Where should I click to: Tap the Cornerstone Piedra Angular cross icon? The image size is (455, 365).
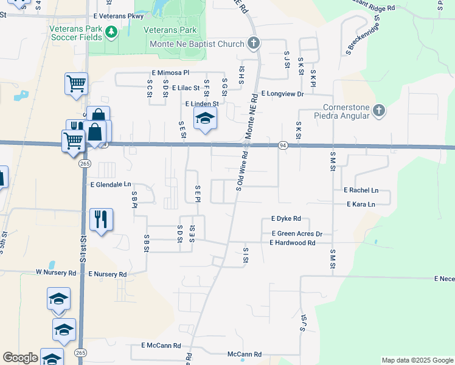pyautogui.click(x=379, y=110)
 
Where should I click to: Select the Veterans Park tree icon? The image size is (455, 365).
pyautogui.click(x=111, y=32)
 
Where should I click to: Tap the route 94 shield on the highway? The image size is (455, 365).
pyautogui.click(x=283, y=145)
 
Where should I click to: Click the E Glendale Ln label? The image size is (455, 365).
pyautogui.click(x=111, y=184)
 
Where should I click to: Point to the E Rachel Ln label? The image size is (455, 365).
pyautogui.click(x=361, y=190)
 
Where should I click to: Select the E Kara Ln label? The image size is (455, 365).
pyautogui.click(x=361, y=204)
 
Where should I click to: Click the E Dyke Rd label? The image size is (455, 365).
pyautogui.click(x=286, y=218)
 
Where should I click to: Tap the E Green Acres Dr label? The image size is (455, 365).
pyautogui.click(x=297, y=234)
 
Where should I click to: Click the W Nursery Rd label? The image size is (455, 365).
pyautogui.click(x=57, y=274)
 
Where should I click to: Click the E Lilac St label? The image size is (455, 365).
pyautogui.click(x=186, y=88)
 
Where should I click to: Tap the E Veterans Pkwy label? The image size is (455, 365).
pyautogui.click(x=118, y=16)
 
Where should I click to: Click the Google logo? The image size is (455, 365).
pyautogui.click(x=20, y=358)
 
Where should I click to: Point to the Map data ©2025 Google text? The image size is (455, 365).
pyautogui.click(x=417, y=360)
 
